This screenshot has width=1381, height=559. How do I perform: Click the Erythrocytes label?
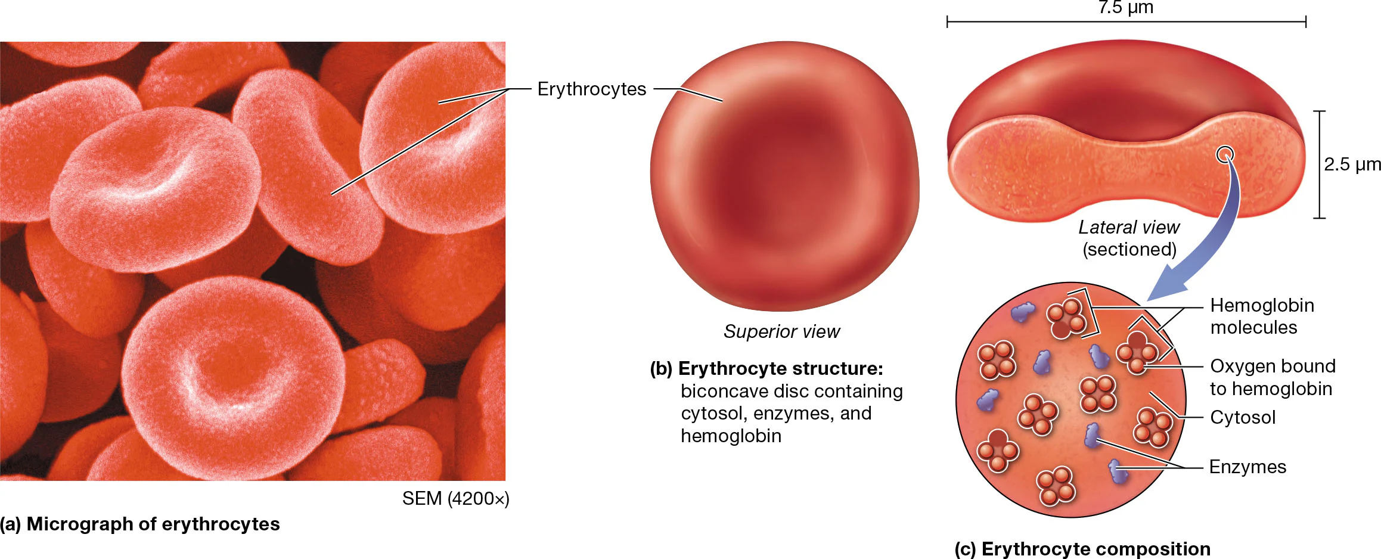(x=591, y=89)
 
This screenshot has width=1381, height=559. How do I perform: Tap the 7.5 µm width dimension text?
(x=1125, y=8)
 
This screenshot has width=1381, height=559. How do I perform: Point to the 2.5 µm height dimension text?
(x=1352, y=164)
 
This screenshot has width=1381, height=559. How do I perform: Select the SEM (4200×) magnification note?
(x=455, y=498)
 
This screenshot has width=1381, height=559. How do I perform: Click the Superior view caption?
(x=781, y=331)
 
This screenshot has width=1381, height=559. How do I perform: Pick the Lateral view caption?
(x=1129, y=227)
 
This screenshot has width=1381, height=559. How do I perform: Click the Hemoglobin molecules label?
(x=1261, y=316)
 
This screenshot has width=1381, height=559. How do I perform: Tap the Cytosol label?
(x=1242, y=417)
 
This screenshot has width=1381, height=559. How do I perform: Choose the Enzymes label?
(x=1247, y=467)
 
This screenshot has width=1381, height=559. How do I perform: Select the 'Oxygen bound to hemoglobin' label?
(x=1272, y=377)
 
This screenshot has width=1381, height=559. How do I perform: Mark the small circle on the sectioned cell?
(x=1225, y=155)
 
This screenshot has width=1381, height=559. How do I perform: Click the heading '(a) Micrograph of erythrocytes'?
(x=140, y=524)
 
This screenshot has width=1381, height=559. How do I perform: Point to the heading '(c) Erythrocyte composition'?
(x=1082, y=549)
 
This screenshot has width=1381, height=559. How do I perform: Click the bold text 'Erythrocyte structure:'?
(x=780, y=369)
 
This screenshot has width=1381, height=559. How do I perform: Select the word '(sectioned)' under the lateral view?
(x=1129, y=249)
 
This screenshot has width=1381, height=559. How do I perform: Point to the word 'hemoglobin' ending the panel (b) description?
(x=731, y=436)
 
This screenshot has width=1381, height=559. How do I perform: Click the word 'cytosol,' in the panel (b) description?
(x=714, y=414)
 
